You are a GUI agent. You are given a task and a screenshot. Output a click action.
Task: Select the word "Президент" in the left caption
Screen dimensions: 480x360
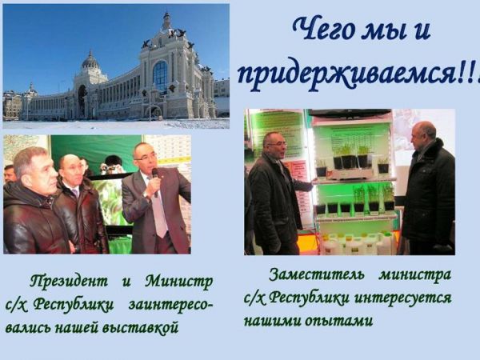coord(69,282)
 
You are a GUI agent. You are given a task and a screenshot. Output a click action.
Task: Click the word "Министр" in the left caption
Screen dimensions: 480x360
coord(179,282)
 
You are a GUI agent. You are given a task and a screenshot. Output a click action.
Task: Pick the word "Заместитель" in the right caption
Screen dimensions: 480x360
coord(317,275)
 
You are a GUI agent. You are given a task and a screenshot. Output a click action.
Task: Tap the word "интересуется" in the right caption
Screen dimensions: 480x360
coord(403,298)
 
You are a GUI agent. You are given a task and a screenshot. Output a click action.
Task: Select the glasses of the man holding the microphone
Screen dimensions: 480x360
coord(146,158)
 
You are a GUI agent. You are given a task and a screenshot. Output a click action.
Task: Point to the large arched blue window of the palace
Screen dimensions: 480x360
coord(160,76)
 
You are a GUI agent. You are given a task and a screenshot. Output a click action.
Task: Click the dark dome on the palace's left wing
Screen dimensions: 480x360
coord(90,60)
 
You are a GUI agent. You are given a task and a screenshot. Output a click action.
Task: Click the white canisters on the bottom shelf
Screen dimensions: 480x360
coord(357,243)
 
